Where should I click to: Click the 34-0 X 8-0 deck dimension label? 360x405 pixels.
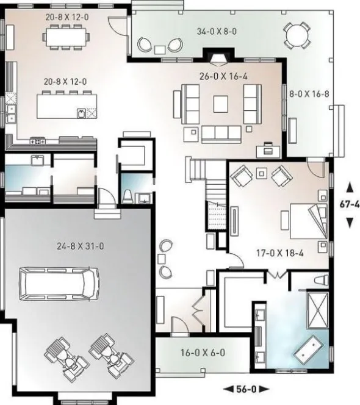pos(213,30)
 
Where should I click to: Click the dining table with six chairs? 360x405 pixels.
pos(66,36)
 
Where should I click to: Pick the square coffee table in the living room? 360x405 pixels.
pos(221,104)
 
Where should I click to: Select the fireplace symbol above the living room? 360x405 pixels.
pos(218,59)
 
